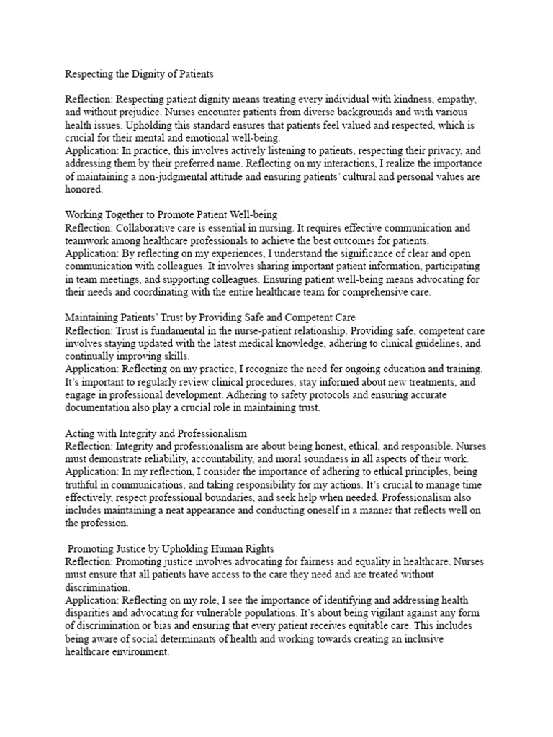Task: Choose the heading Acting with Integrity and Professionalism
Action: tap(156, 433)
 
